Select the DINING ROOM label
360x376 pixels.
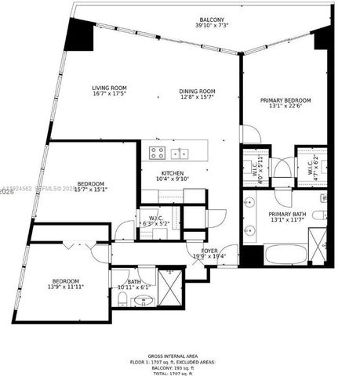[196, 91]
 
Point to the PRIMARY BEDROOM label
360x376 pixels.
[286, 100]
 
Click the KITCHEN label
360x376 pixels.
[173, 173]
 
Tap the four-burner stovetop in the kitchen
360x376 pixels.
[157, 154]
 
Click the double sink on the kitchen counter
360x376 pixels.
[180, 153]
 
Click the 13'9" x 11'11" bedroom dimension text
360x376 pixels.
[66, 287]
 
